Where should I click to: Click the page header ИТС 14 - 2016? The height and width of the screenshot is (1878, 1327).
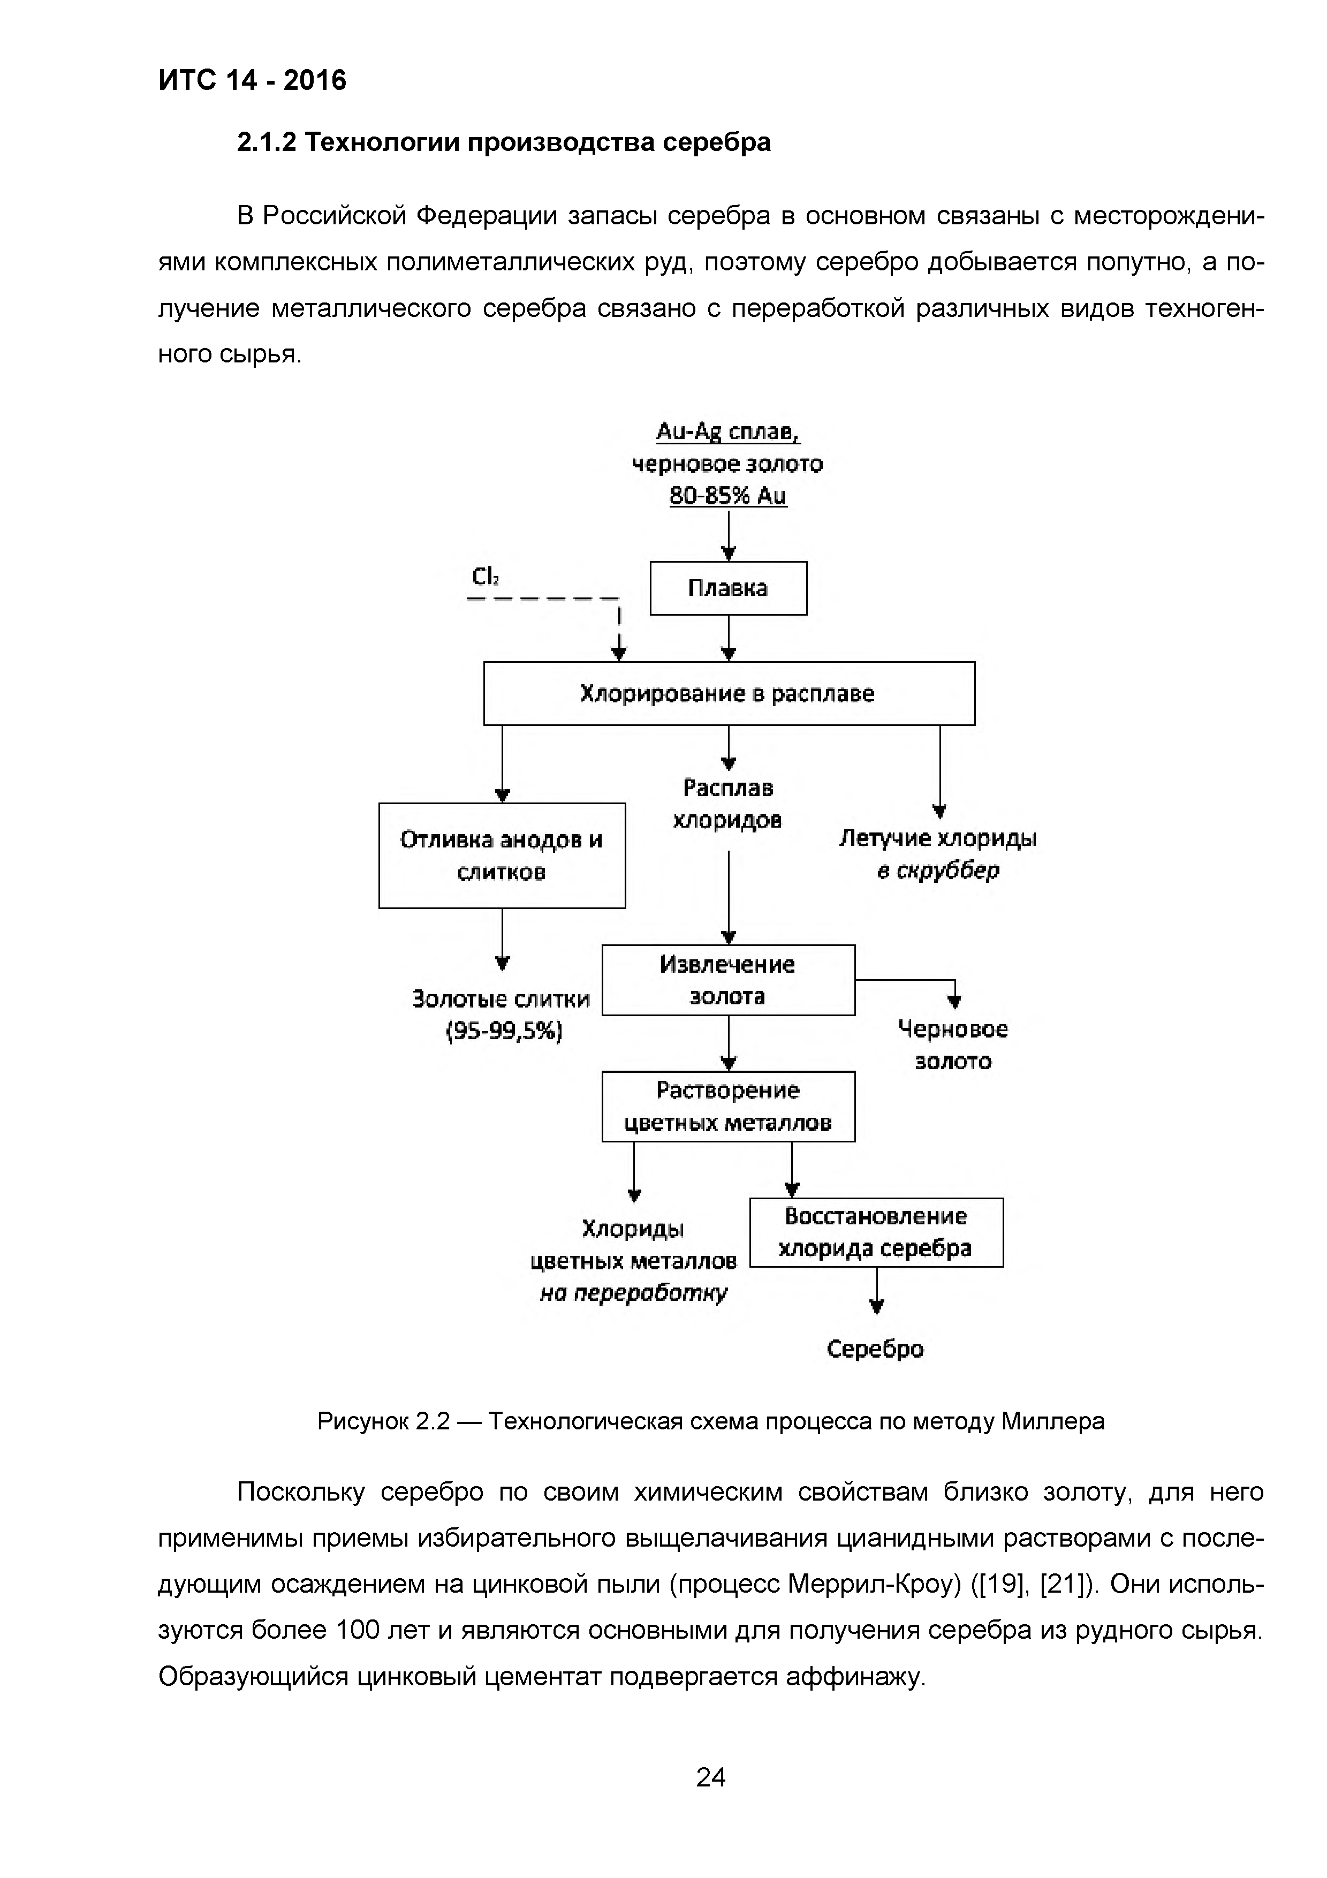click(x=252, y=80)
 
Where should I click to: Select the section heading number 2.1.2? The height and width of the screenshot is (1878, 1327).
click(x=267, y=143)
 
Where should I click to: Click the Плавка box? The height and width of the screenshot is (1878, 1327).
click(x=727, y=588)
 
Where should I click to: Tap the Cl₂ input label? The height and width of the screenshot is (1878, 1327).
click(x=485, y=578)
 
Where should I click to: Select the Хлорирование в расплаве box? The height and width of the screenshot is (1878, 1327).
click(x=729, y=694)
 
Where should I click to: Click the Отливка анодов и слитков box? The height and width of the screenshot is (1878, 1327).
click(x=502, y=855)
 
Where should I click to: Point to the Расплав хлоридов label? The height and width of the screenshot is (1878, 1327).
click(x=727, y=804)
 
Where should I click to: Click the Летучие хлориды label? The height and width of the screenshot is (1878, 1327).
click(x=938, y=838)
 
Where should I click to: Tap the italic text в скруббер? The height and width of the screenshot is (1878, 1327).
click(x=938, y=870)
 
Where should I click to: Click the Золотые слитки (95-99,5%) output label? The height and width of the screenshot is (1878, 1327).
click(x=502, y=1014)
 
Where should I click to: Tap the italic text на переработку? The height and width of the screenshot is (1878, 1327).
click(x=634, y=1293)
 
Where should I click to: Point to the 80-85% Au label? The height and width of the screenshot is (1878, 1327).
click(x=727, y=496)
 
